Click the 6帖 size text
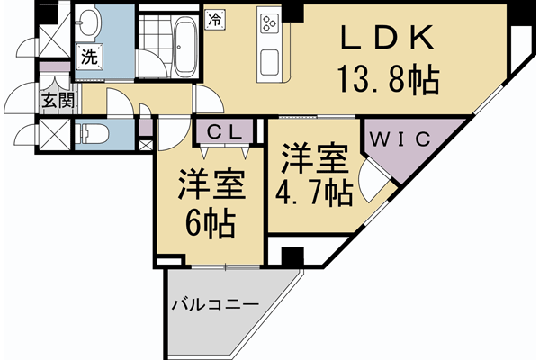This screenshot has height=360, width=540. (x=211, y=221)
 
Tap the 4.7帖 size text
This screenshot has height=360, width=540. (x=313, y=193)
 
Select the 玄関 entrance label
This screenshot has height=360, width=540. (x=56, y=101)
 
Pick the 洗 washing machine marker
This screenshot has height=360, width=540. (x=90, y=56)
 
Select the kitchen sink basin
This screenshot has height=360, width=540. (x=271, y=64)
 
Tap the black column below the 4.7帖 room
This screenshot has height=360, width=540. (x=290, y=255)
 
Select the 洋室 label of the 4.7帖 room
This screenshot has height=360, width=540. (x=313, y=160)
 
